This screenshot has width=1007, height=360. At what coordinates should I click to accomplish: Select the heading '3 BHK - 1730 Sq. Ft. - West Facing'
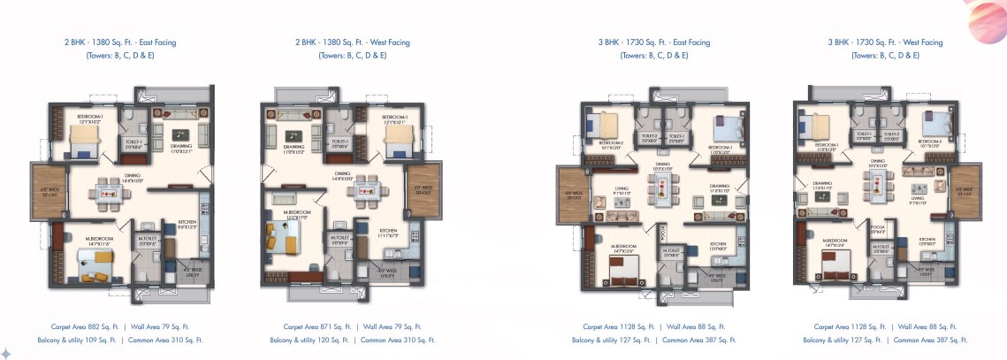885,42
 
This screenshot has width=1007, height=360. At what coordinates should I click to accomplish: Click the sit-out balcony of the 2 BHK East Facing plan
43,189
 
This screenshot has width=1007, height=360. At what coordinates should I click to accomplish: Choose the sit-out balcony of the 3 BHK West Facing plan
967,188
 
